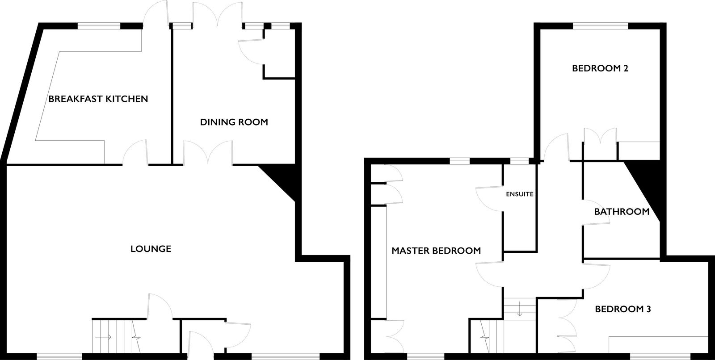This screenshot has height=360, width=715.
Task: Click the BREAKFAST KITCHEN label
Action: (x=98, y=99)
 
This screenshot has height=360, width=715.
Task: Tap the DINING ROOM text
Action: (x=234, y=122)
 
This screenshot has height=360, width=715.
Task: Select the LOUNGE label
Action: (x=151, y=249)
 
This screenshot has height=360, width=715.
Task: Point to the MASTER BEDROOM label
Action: (x=436, y=251)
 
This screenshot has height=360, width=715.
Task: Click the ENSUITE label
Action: (x=520, y=194)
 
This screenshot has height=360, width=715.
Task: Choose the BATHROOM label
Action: (x=622, y=212)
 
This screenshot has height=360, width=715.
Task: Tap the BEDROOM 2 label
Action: (x=600, y=68)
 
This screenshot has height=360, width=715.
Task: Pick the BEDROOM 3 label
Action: (x=623, y=309)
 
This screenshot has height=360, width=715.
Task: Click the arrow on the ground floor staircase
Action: (x=103, y=337)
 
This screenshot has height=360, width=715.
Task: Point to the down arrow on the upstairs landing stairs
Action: (x=519, y=309)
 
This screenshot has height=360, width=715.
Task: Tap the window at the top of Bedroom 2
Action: (x=601, y=26)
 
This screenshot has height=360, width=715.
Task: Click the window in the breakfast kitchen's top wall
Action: (x=99, y=26)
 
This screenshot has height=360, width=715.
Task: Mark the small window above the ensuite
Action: (x=519, y=161)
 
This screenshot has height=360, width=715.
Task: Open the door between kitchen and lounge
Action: (x=135, y=153)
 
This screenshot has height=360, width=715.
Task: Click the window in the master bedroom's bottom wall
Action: (x=425, y=356)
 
